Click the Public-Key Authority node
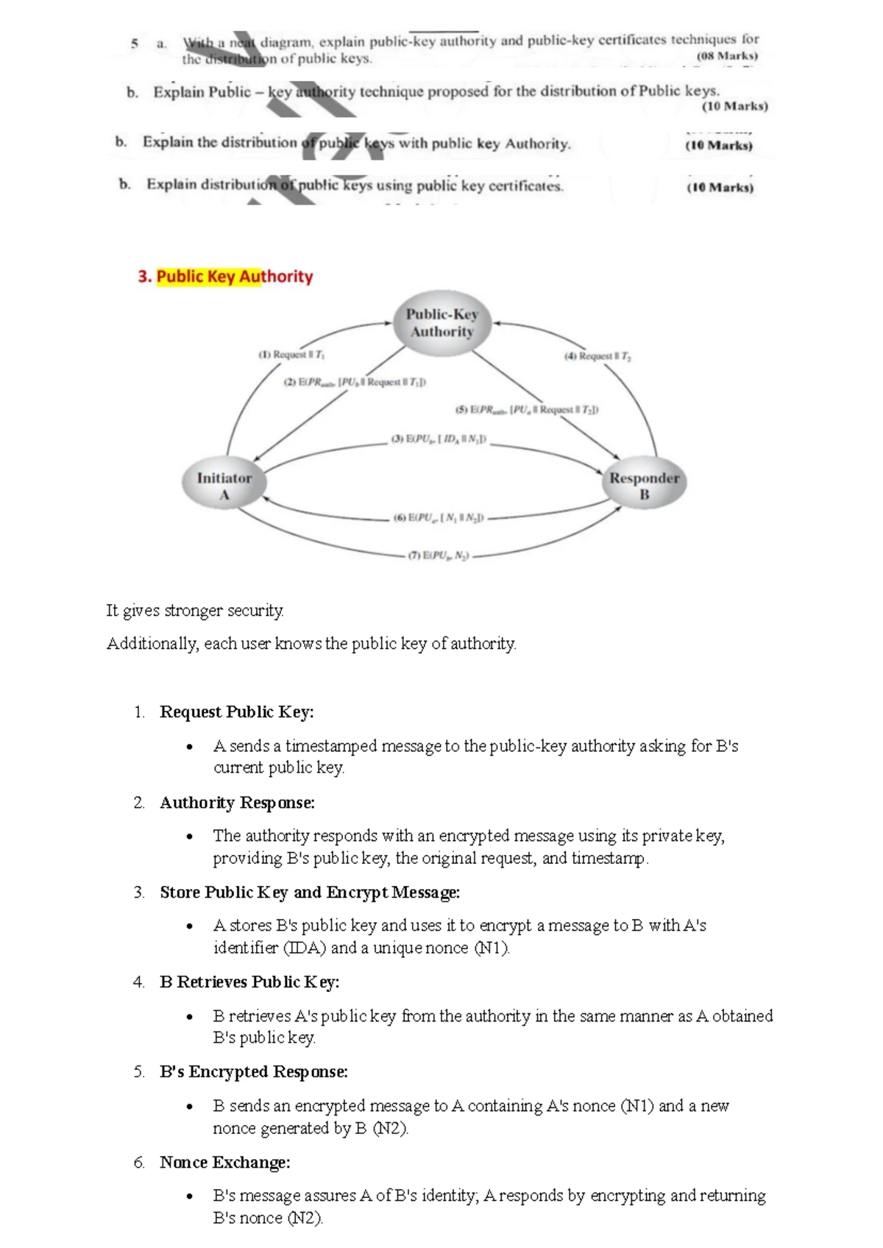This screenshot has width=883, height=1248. point(441,323)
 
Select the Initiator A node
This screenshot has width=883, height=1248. point(224,486)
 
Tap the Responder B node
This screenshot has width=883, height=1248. point(644,486)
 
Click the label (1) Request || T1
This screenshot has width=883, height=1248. point(291,355)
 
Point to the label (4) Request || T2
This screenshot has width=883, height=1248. point(597,356)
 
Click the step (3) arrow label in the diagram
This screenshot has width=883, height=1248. point(439,439)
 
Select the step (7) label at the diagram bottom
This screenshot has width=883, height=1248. point(439,556)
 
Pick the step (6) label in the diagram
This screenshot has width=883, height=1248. point(439,518)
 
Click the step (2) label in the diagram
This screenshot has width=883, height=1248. point(355,382)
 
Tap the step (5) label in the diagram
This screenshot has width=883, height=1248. point(527,409)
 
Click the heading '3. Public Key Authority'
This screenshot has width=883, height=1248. point(225,277)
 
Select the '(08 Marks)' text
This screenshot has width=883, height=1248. point(727,56)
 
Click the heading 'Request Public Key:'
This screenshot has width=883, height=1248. point(236,712)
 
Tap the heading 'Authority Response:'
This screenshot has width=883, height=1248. point(237,802)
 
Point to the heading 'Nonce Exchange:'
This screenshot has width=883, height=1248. point(224,1162)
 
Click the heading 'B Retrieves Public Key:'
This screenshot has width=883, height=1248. point(249,982)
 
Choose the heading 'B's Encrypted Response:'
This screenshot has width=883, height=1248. point(254,1071)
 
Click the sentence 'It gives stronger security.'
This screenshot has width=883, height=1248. point(195,610)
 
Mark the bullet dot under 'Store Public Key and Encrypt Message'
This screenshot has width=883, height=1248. point(190,926)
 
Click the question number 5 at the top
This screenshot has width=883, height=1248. point(135,43)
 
